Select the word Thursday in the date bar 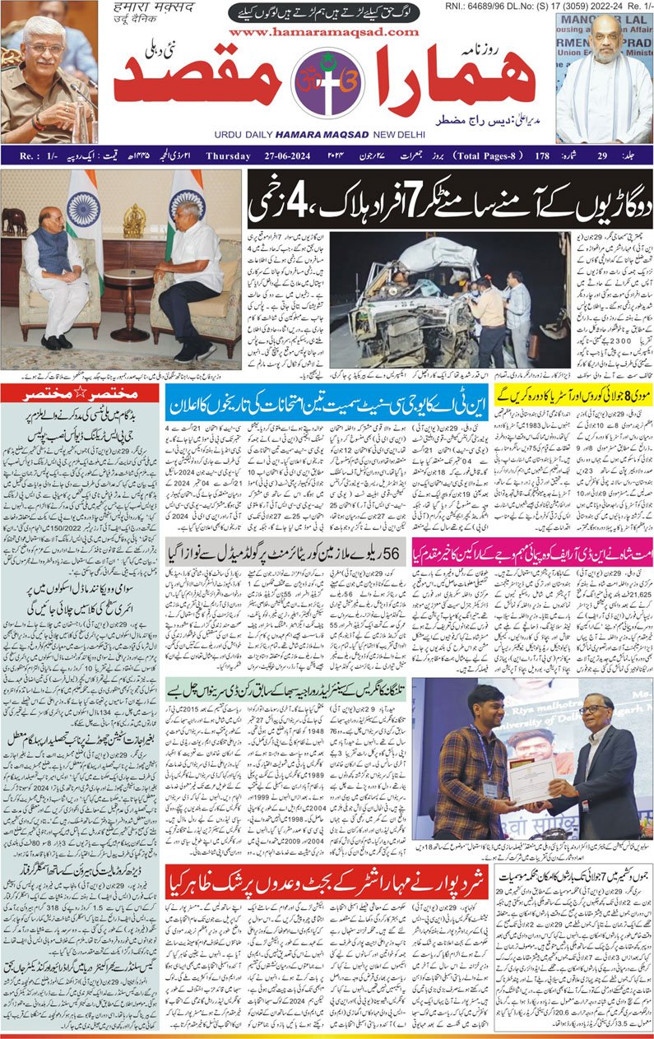tap(232, 155)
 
